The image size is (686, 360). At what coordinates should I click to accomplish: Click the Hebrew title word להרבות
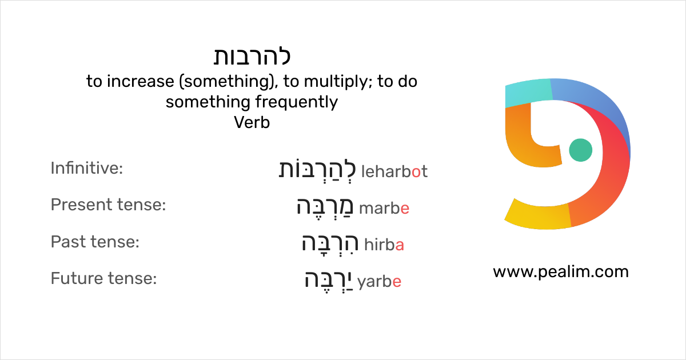click(252, 57)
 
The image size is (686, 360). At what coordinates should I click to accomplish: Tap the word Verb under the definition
click(252, 122)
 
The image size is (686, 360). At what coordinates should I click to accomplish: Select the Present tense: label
click(108, 205)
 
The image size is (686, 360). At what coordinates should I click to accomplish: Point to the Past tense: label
click(95, 242)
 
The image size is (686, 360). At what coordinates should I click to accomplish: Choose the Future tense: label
click(103, 279)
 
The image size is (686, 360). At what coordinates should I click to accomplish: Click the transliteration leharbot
click(394, 171)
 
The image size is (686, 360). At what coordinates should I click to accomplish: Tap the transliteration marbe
click(385, 209)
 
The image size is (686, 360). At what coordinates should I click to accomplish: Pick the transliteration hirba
click(384, 245)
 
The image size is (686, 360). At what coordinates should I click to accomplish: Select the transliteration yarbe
click(379, 282)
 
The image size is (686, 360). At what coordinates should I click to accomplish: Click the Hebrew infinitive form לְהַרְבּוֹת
click(317, 170)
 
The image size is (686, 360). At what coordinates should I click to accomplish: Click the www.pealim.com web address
click(561, 271)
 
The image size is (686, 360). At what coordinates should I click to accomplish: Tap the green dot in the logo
click(581, 150)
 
